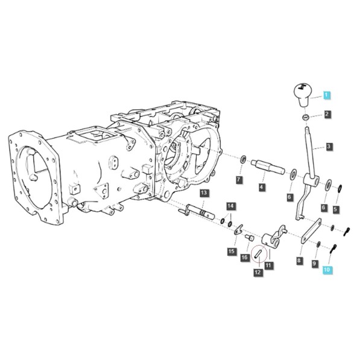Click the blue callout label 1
[x=326, y=95]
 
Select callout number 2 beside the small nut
[x=327, y=114]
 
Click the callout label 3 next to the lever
[x=329, y=147]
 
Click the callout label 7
[x=239, y=179]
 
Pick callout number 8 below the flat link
[x=299, y=261]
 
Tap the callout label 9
[x=315, y=263]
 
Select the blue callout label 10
[x=328, y=270]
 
